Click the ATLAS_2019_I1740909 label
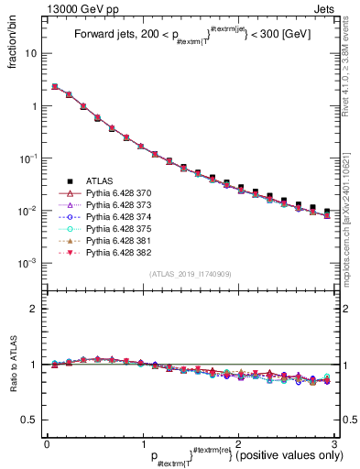tap(191, 275)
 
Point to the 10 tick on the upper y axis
tap(31, 53)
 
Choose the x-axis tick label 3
tap(335, 443)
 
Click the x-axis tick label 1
tap(142, 443)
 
